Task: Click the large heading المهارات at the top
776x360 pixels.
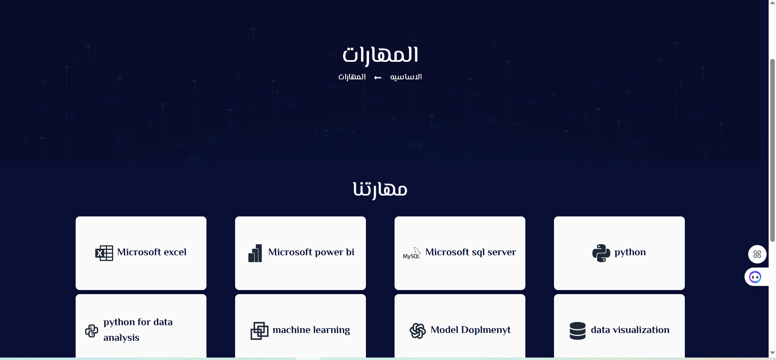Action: tap(380, 55)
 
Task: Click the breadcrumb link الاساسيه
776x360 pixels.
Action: tap(406, 77)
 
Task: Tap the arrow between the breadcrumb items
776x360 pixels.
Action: tap(378, 78)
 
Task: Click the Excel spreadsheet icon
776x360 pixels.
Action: tap(104, 253)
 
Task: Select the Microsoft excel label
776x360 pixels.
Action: tap(152, 252)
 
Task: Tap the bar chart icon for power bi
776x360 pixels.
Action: tap(255, 253)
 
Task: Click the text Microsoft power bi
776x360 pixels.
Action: tap(311, 252)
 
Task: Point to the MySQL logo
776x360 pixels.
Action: tap(412, 253)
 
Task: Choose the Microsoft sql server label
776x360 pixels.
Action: tap(471, 252)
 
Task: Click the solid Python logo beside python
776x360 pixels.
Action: tap(601, 253)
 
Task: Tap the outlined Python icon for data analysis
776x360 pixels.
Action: tap(92, 331)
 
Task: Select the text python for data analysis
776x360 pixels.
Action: tap(138, 330)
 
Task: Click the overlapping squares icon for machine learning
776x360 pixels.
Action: tap(260, 331)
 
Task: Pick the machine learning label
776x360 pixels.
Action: tap(311, 330)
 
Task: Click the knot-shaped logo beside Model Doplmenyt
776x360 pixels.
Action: tap(418, 331)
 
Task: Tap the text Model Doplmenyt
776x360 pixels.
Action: tap(471, 330)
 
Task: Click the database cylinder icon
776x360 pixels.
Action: tap(578, 331)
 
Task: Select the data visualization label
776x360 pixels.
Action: tap(630, 330)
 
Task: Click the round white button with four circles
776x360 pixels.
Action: tap(757, 254)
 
